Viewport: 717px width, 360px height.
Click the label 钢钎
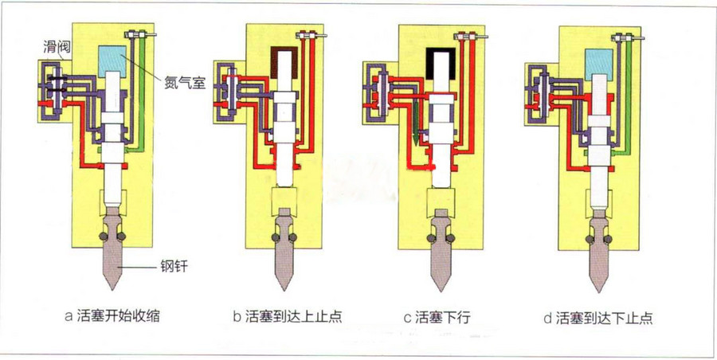coord(174,266)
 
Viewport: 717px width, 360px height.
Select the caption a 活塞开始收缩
coord(112,315)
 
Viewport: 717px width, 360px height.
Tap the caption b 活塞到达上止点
coord(288,316)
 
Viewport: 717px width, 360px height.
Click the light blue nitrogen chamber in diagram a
coord(112,61)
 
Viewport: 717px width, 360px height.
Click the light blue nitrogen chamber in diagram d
coord(599,63)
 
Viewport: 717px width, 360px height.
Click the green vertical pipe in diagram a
coord(142,92)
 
